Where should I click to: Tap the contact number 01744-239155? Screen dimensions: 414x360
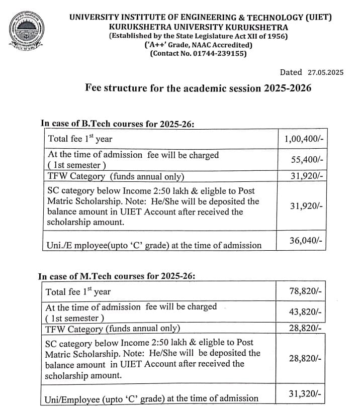click(x=220, y=53)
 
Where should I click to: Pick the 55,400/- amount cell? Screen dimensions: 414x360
click(x=307, y=160)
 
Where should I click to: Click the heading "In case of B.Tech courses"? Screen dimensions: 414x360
click(x=117, y=124)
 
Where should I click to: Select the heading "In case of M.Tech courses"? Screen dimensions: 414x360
click(x=117, y=276)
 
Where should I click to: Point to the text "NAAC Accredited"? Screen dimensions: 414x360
click(x=219, y=45)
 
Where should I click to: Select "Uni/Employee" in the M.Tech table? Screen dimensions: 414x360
click(x=72, y=399)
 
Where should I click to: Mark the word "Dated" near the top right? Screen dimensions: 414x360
click(x=291, y=72)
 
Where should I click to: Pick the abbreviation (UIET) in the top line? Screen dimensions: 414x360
click(x=319, y=18)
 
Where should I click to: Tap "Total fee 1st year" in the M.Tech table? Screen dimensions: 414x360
click(x=78, y=291)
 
